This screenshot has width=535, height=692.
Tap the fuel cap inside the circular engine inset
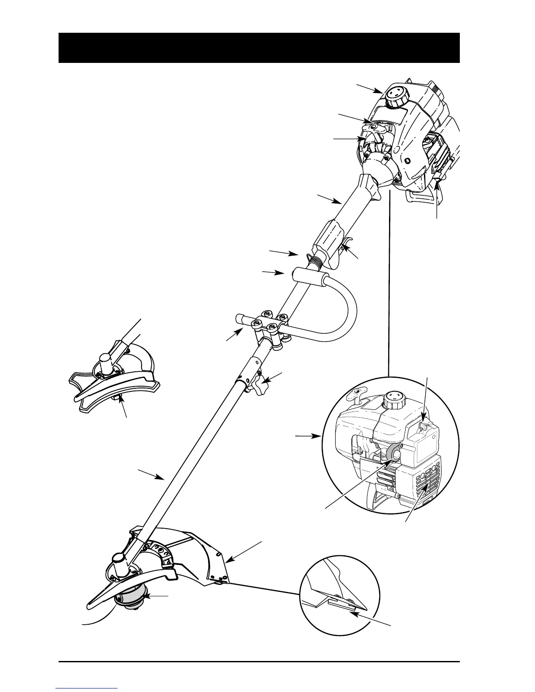[x=393, y=401]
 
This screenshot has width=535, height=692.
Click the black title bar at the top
[x=259, y=48]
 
